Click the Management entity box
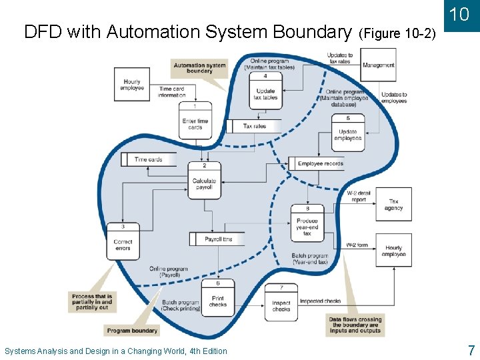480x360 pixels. (379, 65)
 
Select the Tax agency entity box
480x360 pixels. (393, 205)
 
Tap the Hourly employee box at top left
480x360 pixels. (132, 84)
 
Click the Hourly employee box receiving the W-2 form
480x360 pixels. (393, 250)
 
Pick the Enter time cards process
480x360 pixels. (195, 121)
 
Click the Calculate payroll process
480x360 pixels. (204, 179)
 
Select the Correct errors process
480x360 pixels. (123, 241)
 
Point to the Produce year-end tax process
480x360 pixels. (307, 224)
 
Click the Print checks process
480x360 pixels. (218, 297)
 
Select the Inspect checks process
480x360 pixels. (281, 302)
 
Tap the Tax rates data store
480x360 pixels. (254, 126)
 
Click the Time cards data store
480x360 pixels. (149, 159)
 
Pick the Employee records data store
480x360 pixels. (319, 163)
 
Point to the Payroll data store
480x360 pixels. (218, 239)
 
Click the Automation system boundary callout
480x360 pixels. (199, 68)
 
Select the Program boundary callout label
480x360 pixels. (132, 331)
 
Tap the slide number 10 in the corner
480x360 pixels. (459, 15)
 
